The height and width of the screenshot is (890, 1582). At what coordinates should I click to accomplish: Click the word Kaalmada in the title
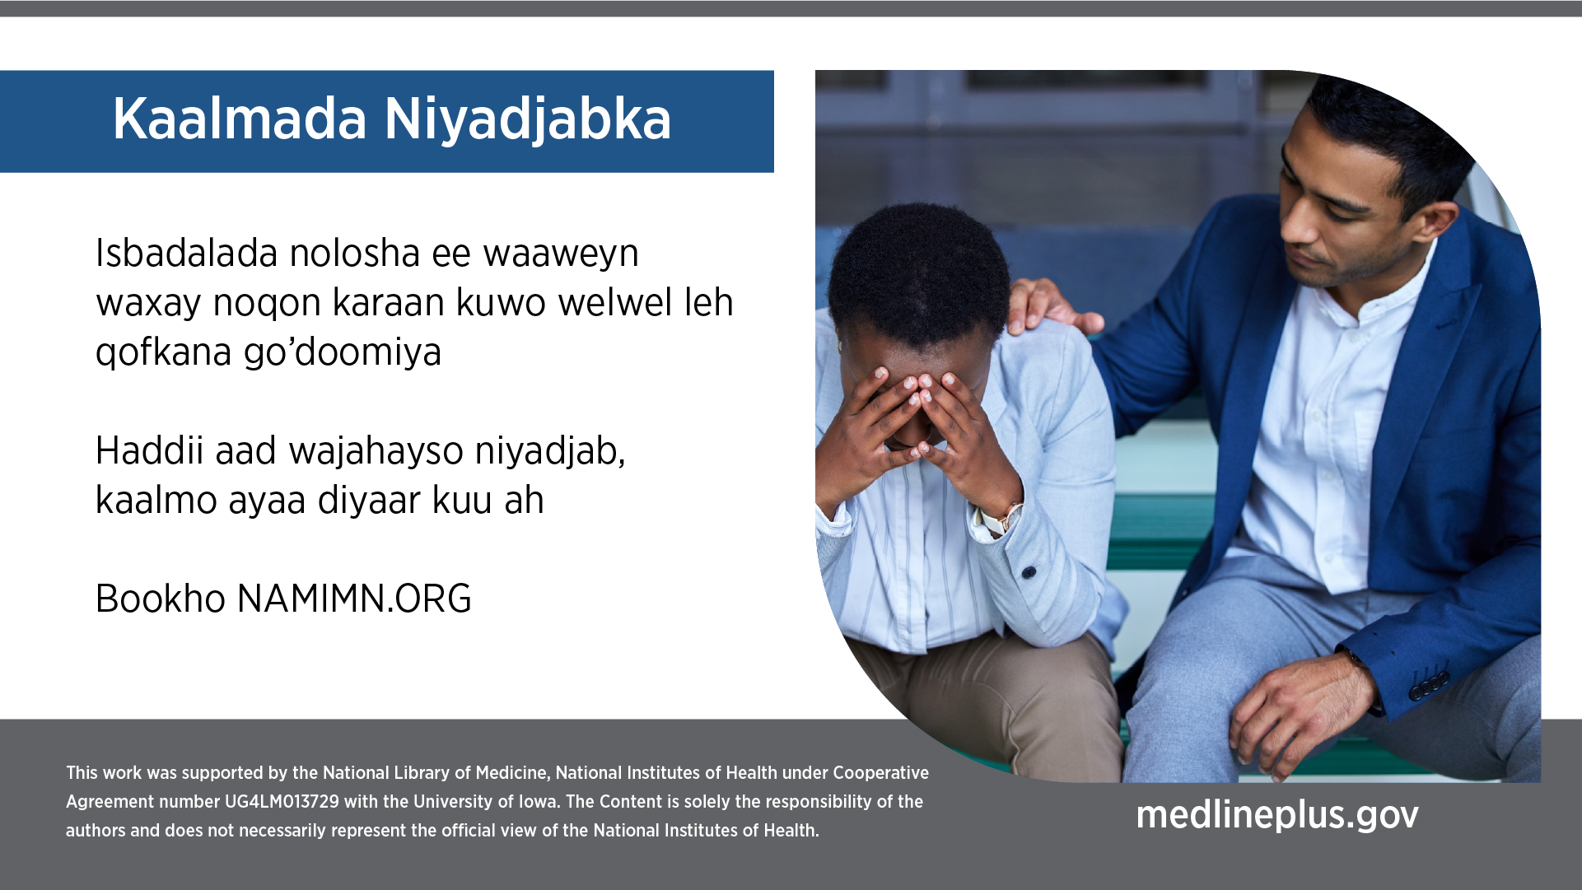[240, 119]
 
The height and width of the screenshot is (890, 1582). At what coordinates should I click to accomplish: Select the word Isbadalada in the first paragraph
[187, 253]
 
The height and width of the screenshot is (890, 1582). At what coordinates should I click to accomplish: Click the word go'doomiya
[343, 352]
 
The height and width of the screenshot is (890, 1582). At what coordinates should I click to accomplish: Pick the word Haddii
[150, 450]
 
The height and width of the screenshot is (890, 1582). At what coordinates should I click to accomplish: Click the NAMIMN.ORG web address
[354, 599]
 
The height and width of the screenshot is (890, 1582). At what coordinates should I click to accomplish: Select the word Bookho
[161, 599]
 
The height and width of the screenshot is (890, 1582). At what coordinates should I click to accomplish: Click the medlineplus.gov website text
[1277, 815]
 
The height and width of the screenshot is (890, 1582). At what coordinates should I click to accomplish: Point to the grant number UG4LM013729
[282, 802]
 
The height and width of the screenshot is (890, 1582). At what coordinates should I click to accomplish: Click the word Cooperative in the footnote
[880, 773]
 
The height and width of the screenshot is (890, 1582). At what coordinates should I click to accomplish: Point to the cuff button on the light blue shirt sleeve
[1029, 572]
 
